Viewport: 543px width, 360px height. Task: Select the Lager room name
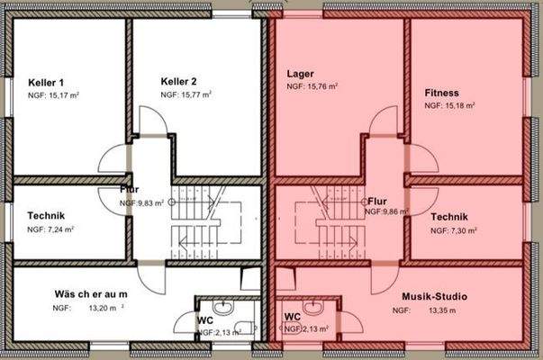click(x=300, y=73)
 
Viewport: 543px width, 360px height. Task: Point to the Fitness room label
click(x=442, y=93)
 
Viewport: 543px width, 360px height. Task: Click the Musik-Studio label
click(x=435, y=296)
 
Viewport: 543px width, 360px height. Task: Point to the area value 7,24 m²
click(x=60, y=230)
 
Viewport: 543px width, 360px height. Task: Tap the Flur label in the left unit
click(x=130, y=190)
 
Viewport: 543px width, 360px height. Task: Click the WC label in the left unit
click(x=204, y=319)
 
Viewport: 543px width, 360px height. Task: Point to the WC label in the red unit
click(x=292, y=317)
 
